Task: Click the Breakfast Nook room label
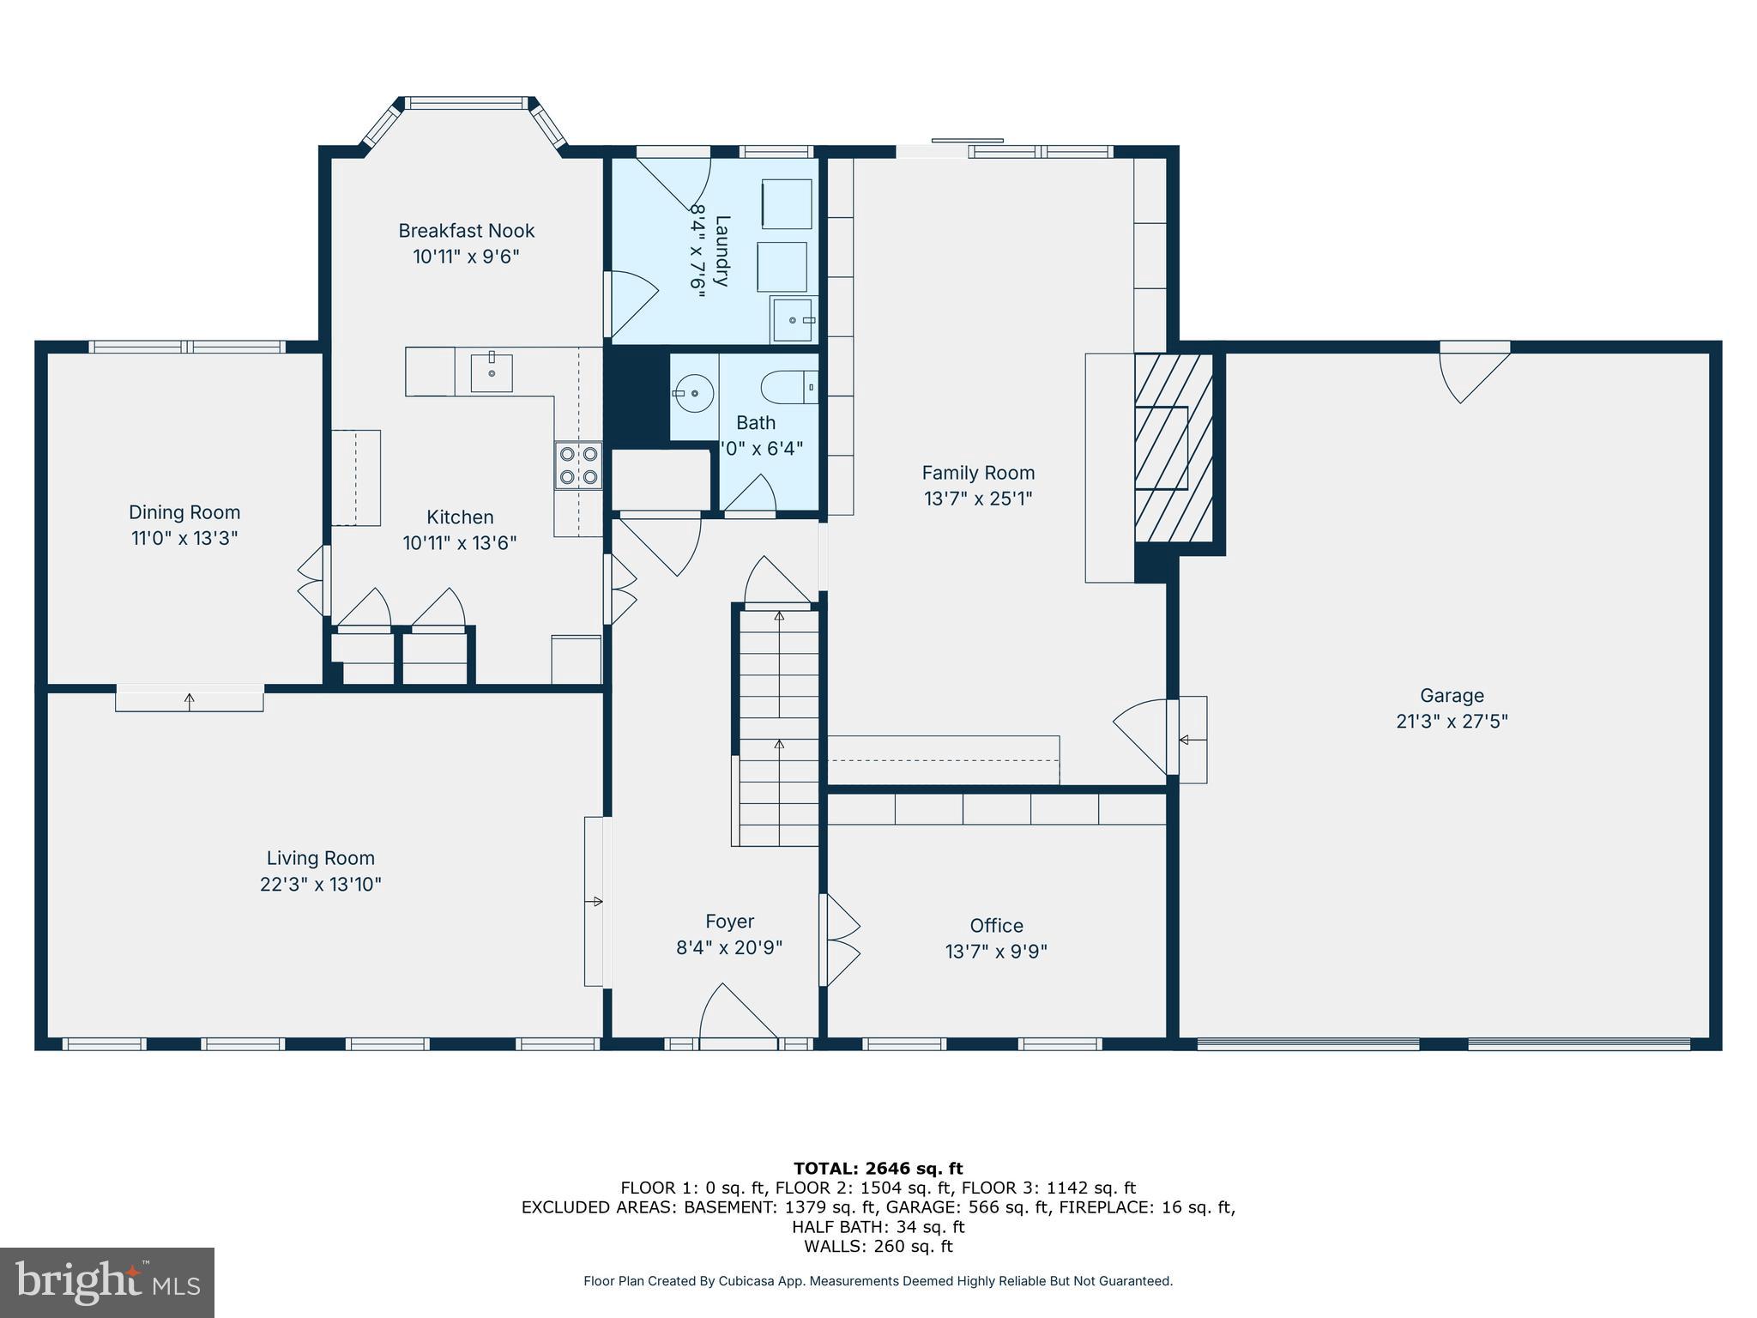pos(466,231)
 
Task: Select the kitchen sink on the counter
pos(492,373)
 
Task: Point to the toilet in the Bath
pos(789,387)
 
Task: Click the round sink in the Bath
pos(693,394)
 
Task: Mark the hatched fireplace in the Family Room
pos(1173,447)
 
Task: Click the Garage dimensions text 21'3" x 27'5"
pos(1452,722)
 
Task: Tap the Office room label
pos(996,925)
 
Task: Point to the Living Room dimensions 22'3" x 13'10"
pos(320,884)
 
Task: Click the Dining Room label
pos(184,512)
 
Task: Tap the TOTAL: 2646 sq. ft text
pos(878,1168)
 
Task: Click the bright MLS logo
pos(107,1282)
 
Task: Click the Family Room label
pos(978,473)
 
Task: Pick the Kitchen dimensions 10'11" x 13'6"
pos(460,543)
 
